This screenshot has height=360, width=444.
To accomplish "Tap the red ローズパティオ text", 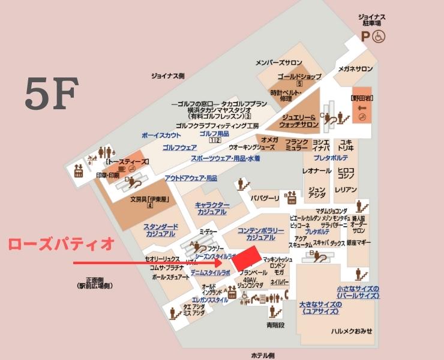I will tap(61, 244).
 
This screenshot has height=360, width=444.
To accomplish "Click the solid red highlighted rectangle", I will tap(247, 259).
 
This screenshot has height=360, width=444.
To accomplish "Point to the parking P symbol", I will tap(365, 36).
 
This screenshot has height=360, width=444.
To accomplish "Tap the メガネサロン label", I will tap(355, 69).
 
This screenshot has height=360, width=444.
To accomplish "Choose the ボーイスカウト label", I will tap(161, 136).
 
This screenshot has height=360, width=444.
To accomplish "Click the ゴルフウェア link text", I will tap(180, 147).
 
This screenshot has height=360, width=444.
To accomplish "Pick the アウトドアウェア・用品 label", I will tap(191, 178).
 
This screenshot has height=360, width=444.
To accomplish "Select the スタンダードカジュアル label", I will tap(161, 230).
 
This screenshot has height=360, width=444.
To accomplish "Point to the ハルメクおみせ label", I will tap(352, 331).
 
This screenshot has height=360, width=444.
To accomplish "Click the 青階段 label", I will tap(275, 325).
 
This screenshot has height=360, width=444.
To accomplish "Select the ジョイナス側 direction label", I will tap(168, 76).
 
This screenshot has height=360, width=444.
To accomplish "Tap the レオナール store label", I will tap(316, 171).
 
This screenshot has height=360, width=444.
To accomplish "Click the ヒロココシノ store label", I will tap(346, 173).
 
